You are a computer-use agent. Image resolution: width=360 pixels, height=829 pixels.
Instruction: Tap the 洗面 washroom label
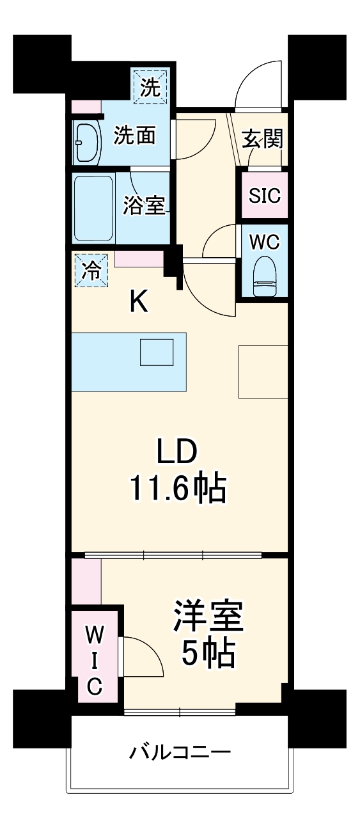(x=134, y=136)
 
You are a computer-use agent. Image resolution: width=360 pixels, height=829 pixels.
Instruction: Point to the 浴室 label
(x=144, y=207)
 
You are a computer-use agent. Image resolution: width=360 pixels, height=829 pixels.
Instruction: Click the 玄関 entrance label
(x=263, y=138)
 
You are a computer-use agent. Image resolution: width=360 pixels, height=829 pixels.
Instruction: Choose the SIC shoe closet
(x=265, y=194)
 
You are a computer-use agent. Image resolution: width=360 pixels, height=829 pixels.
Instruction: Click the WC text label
(x=265, y=242)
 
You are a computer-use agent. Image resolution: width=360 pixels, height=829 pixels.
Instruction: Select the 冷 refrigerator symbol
(x=91, y=271)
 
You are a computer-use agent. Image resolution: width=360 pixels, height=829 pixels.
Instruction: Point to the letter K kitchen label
(x=139, y=301)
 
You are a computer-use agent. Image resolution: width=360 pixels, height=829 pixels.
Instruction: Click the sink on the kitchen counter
(x=157, y=352)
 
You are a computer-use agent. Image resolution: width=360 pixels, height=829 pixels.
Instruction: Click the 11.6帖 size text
(x=178, y=490)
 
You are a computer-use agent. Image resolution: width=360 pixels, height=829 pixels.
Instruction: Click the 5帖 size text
(x=208, y=653)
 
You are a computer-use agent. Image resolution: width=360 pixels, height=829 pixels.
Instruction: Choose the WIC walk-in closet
(x=94, y=660)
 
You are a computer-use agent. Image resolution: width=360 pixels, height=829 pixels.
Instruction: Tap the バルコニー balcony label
(x=180, y=751)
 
